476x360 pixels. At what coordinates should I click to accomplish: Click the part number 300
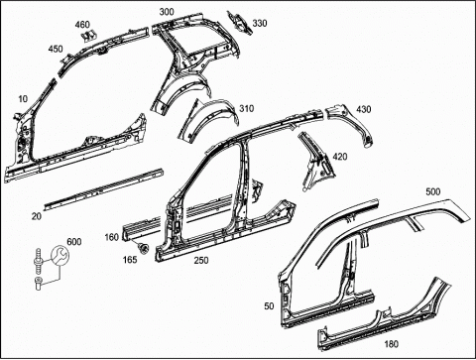167,12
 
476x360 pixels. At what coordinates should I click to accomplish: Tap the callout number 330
260,23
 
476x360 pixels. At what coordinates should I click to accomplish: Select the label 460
82,25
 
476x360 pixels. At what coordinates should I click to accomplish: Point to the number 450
56,49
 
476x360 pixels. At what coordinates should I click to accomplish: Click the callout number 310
247,108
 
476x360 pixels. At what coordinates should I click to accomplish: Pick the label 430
364,109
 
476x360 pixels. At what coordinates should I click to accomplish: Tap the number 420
340,157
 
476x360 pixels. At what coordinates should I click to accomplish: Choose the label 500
433,191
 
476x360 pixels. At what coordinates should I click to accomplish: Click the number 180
392,344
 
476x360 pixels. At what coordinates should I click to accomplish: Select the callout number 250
201,261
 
